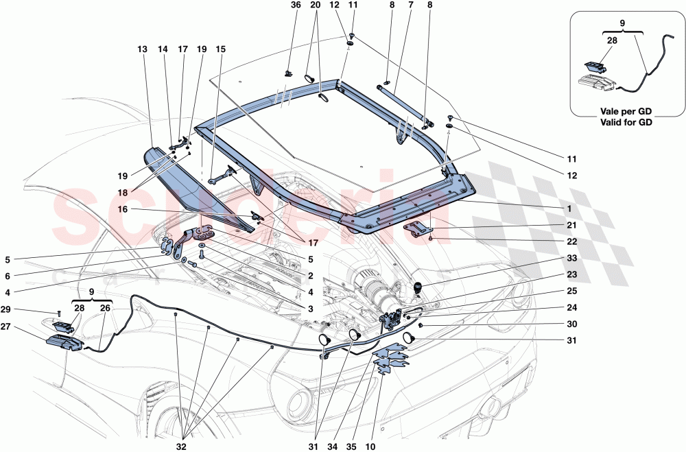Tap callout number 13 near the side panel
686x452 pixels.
pyautogui.click(x=142, y=49)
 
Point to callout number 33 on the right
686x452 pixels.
pyautogui.click(x=571, y=258)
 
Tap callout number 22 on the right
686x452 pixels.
pyautogui.click(x=571, y=241)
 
